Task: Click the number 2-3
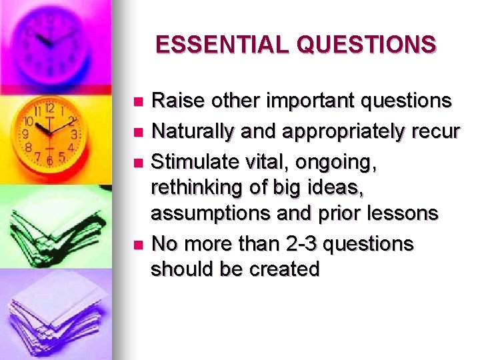304,244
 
